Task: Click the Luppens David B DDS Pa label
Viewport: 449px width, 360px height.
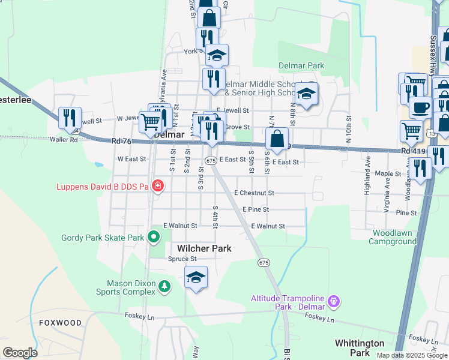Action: pyautogui.click(x=102, y=187)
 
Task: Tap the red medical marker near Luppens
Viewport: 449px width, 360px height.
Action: pyautogui.click(x=157, y=187)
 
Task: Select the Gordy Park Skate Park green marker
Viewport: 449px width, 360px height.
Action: pyautogui.click(x=154, y=238)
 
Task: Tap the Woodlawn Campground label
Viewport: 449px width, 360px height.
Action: pyautogui.click(x=394, y=237)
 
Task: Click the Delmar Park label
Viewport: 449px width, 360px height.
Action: pyautogui.click(x=301, y=65)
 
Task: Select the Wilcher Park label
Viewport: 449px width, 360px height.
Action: pyautogui.click(x=204, y=248)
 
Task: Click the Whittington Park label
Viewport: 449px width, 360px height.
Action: pyautogui.click(x=360, y=348)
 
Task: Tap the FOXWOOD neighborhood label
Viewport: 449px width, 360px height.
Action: pyautogui.click(x=60, y=323)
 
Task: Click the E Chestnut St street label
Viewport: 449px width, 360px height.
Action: pyautogui.click(x=255, y=193)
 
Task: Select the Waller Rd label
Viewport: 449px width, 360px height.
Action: pyautogui.click(x=64, y=140)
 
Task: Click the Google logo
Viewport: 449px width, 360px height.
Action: pyautogui.click(x=20, y=353)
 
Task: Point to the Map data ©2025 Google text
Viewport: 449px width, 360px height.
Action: pyautogui.click(x=412, y=355)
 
